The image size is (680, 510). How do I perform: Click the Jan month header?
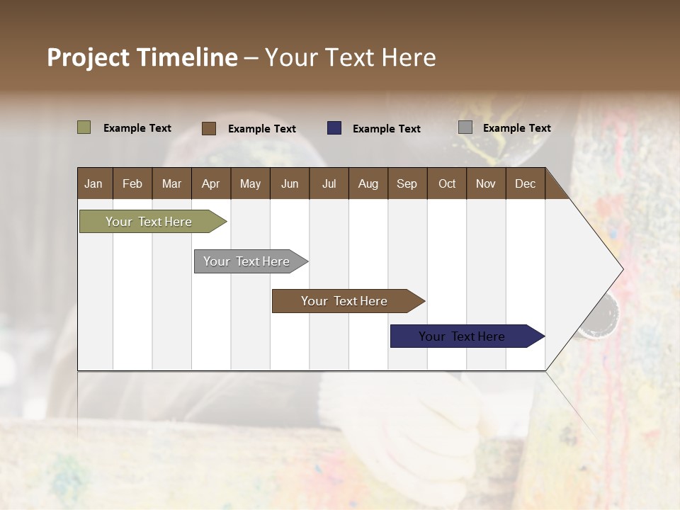pyautogui.click(x=93, y=183)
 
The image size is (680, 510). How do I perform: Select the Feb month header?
pyautogui.click(x=132, y=183)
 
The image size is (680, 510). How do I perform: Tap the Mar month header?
pyautogui.click(x=171, y=183)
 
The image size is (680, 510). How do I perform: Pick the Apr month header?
pyautogui.click(x=211, y=183)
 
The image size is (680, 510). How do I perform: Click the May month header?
pyautogui.click(x=250, y=183)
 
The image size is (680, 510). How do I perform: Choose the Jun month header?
pyautogui.click(x=290, y=183)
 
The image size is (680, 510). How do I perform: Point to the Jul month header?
pyautogui.click(x=329, y=183)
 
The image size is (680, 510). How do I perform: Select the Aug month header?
pyautogui.click(x=368, y=183)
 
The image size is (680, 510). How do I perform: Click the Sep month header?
pyautogui.click(x=407, y=183)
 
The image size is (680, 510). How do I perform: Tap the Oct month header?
pyautogui.click(x=447, y=183)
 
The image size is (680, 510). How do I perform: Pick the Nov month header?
pyautogui.click(x=486, y=183)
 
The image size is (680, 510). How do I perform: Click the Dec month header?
pyautogui.click(x=526, y=183)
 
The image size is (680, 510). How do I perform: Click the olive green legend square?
pyautogui.click(x=84, y=127)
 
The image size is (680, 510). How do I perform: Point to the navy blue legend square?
pyautogui.click(x=334, y=128)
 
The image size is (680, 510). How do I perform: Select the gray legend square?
pyautogui.click(x=465, y=127)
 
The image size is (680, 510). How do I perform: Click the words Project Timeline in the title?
pyautogui.click(x=142, y=57)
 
